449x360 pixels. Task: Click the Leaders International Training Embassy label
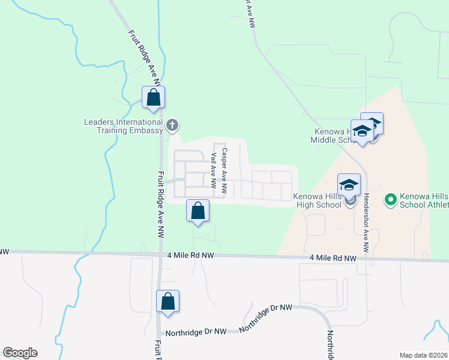pos(123,126)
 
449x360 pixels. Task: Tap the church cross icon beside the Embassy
pos(172,125)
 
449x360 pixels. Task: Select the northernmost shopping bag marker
pos(153,98)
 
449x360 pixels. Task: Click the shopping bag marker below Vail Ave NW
pos(197,211)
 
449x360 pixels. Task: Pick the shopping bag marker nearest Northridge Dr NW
pos(168,302)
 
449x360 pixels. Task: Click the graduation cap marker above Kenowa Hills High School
pos(349,185)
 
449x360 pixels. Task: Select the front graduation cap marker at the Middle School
pos(363,133)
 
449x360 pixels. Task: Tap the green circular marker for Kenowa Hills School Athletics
pos(390,198)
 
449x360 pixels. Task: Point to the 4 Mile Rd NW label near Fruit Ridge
pos(191,256)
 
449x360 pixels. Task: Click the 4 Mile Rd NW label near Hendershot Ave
pos(333,259)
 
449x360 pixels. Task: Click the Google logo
pos(20,353)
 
